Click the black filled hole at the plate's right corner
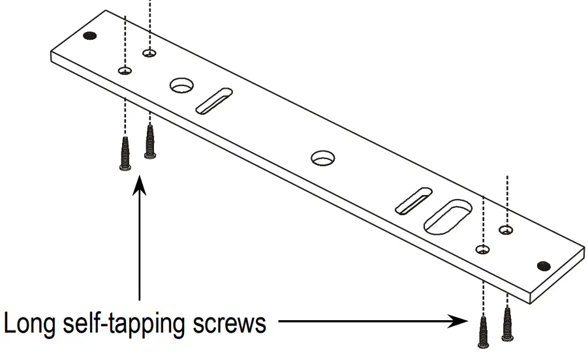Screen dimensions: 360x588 pyautogui.click(x=543, y=265)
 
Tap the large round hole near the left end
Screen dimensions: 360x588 pyautogui.click(x=183, y=85)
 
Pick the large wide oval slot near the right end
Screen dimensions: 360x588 pyautogui.click(x=448, y=217)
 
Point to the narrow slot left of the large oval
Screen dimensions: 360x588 pyautogui.click(x=414, y=200)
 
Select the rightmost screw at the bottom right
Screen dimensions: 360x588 pyautogui.click(x=507, y=324)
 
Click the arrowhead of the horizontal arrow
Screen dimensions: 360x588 pyautogui.click(x=459, y=321)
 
